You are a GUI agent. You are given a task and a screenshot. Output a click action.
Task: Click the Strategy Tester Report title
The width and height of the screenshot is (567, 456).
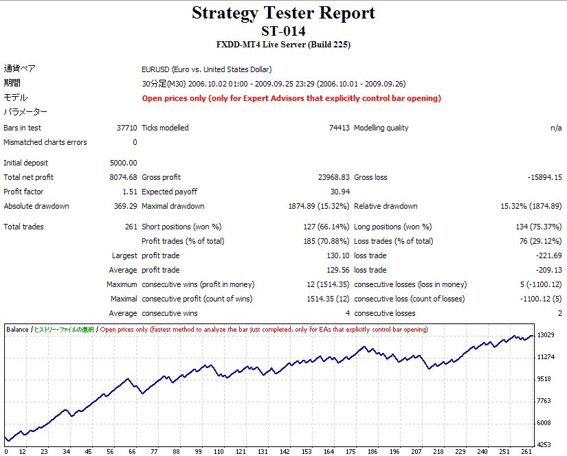click(283, 13)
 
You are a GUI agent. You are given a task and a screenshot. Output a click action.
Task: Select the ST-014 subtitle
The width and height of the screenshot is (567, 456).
click(283, 31)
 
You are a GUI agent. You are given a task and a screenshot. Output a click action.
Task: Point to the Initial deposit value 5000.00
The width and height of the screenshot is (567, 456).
click(123, 163)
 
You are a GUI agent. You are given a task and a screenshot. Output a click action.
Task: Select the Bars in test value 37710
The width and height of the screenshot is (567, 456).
click(126, 128)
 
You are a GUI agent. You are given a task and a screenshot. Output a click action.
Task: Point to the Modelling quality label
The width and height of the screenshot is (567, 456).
click(381, 128)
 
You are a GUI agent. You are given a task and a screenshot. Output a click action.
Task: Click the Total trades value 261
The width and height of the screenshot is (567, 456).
click(131, 227)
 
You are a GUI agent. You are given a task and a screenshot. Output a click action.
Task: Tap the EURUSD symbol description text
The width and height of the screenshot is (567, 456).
click(206, 69)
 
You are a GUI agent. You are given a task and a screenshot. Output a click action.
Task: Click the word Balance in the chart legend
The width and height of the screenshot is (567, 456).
click(17, 330)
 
